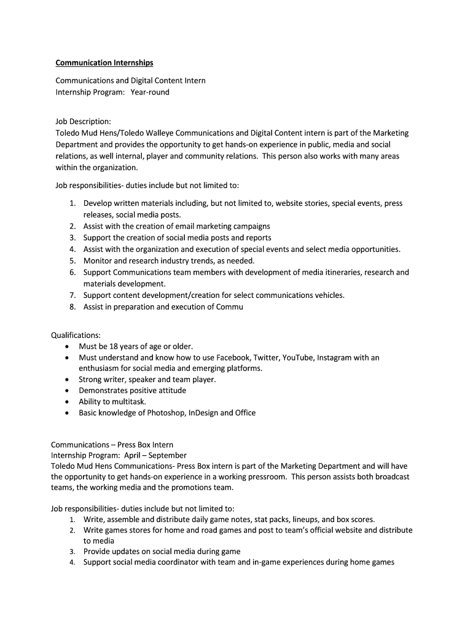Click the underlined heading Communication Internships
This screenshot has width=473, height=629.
click(x=104, y=63)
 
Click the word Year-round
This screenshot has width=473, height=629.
click(x=149, y=92)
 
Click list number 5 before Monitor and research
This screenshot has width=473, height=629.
click(x=72, y=260)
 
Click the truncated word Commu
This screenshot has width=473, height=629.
click(x=230, y=307)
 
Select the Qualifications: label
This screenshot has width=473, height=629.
click(x=76, y=335)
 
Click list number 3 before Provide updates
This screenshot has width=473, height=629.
click(x=72, y=552)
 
